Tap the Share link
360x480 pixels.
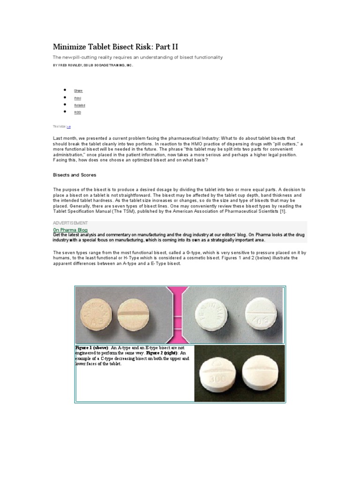pyautogui.click(x=78, y=90)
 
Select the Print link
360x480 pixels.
pyautogui.click(x=78, y=98)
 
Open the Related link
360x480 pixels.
pyautogui.click(x=80, y=105)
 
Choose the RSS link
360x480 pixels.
pyautogui.click(x=78, y=112)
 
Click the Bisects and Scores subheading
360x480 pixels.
pyautogui.click(x=74, y=175)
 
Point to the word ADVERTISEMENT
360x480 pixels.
pyautogui.click(x=70, y=223)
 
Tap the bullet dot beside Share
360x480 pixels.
pyautogui.click(x=64, y=90)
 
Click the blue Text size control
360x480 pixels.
pyautogui.click(x=68, y=127)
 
